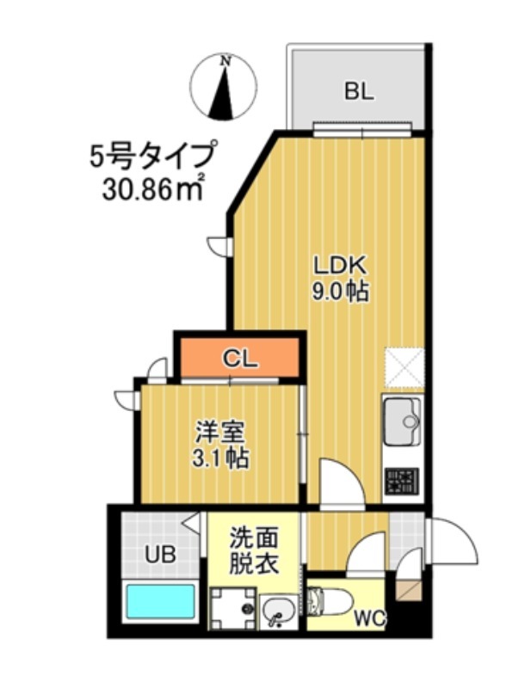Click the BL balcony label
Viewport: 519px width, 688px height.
pos(360,91)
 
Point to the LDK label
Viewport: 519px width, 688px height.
pos(339,263)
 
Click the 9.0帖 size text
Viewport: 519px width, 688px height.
pos(339,292)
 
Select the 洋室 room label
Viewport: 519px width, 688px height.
pos(219,430)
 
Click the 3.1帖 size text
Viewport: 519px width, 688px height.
pos(219,458)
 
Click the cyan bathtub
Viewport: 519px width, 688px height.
pos(161,602)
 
